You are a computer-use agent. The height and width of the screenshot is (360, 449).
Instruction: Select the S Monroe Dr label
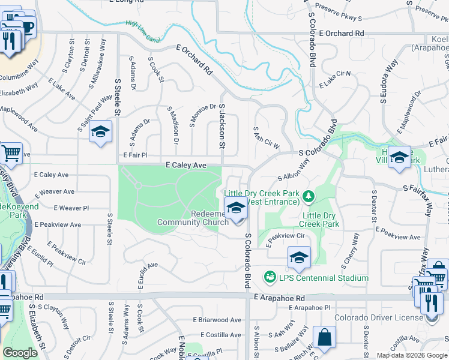pos(194,115)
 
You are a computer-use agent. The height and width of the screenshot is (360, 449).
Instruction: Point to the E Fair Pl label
pos(135,154)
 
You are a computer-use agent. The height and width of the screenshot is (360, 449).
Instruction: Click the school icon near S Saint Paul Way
pos(100,131)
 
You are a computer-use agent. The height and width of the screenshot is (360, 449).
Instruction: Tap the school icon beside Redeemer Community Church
pos(237,209)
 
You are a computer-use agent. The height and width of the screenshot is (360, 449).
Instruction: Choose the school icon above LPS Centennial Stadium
pos(299,257)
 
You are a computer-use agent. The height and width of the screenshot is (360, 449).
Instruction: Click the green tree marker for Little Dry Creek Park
pos(308,196)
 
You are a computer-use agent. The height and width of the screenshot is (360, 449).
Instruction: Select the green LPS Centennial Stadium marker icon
pos(270,277)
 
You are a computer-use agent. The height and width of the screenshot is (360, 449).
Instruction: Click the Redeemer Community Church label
pos(193,218)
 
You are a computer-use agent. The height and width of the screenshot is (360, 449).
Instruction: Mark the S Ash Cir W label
pos(267,137)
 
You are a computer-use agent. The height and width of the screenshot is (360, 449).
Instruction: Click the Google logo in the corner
pos(20,353)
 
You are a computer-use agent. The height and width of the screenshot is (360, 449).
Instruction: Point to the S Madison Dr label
pos(173,127)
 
